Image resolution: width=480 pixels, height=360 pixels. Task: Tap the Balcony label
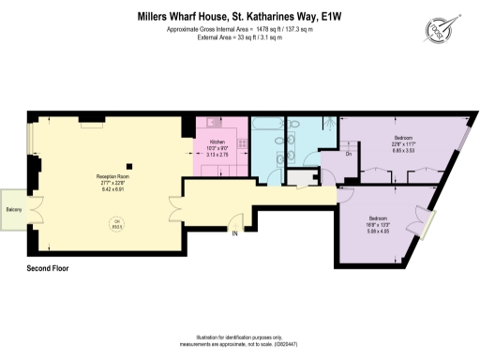[14, 209]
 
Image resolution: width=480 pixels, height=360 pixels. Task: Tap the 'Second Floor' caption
[51, 269]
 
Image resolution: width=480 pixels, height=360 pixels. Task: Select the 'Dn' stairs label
[349, 154]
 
